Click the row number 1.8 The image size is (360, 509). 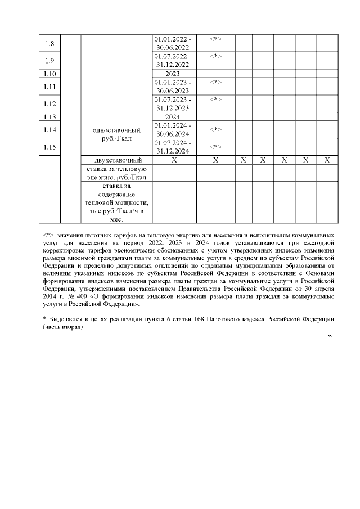[x=49, y=43]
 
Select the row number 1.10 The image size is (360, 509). [x=49, y=74]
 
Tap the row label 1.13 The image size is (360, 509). [x=49, y=117]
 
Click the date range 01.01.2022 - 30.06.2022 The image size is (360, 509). [x=173, y=43]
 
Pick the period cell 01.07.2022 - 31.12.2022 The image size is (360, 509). [x=173, y=61]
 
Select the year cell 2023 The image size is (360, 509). [x=173, y=74]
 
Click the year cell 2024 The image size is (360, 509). [x=173, y=117]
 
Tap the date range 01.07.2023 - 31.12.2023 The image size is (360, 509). [x=173, y=104]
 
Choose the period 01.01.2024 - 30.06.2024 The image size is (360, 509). [x=173, y=129]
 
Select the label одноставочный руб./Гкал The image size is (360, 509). [x=116, y=134]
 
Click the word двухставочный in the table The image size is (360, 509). [x=116, y=160]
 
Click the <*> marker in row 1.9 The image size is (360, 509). [x=215, y=56]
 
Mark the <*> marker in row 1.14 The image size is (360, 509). [x=215, y=129]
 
